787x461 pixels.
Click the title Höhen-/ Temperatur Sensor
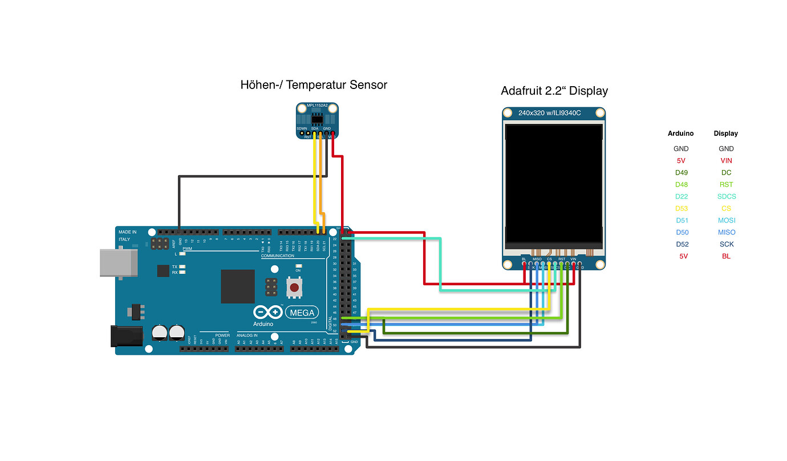[x=314, y=85]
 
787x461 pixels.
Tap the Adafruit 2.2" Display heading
[x=554, y=91]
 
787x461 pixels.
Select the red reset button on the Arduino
[x=294, y=287]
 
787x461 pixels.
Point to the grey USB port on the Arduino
[x=118, y=262]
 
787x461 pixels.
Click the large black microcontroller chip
[x=238, y=286]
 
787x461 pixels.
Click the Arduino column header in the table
[x=681, y=134]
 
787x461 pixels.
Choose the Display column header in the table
[x=725, y=134]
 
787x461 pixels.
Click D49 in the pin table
[x=681, y=172]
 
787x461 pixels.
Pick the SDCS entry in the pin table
[x=725, y=196]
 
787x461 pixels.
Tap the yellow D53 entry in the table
[x=681, y=208]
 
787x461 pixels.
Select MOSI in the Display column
[x=725, y=220]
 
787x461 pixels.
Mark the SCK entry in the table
[x=725, y=244]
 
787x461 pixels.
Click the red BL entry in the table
[x=725, y=256]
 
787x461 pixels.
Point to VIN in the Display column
[x=725, y=160]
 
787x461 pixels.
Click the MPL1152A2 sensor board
[x=317, y=120]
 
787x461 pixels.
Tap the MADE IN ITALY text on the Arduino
[x=128, y=236]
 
